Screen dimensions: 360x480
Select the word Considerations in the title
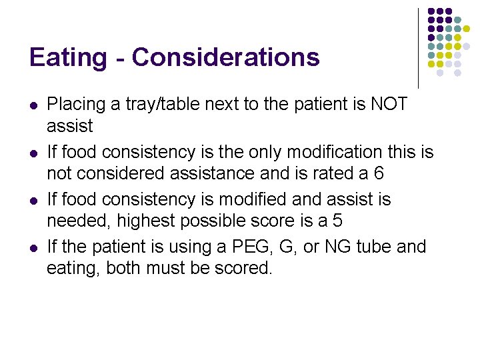226,57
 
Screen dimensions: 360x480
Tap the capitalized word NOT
389,105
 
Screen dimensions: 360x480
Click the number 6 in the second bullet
379,173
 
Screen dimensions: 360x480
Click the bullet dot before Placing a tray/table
33,105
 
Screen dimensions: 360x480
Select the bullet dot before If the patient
33,247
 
